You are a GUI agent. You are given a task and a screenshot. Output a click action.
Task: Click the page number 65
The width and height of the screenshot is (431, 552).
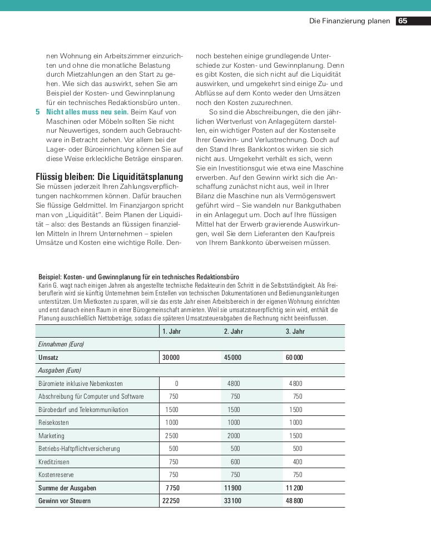403,21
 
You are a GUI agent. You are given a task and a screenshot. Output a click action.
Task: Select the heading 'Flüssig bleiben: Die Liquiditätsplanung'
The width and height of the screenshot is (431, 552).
109,177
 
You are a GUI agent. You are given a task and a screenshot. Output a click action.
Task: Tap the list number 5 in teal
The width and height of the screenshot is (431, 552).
38,112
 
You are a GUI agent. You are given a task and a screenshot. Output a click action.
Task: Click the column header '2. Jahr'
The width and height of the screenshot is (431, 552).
234,331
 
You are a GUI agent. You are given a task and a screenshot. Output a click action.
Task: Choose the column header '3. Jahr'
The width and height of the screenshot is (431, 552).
295,331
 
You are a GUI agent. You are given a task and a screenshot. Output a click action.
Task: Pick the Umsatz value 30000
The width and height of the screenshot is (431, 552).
171,358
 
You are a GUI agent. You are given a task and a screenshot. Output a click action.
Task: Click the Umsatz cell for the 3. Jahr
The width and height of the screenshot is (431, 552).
294,358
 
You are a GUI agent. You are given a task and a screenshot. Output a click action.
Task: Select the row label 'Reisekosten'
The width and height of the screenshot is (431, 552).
53,423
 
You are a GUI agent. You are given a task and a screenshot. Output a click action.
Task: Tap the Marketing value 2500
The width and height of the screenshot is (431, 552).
172,436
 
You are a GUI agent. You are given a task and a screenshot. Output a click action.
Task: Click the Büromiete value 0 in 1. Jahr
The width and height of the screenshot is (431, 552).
176,384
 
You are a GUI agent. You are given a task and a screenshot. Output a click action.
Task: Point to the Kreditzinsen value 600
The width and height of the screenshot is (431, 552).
235,462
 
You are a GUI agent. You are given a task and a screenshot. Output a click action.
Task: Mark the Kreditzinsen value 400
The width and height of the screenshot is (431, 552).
298,462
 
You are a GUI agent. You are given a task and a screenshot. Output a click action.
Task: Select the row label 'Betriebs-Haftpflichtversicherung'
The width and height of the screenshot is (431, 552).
79,449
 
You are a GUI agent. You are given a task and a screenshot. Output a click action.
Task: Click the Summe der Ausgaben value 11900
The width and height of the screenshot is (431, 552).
232,488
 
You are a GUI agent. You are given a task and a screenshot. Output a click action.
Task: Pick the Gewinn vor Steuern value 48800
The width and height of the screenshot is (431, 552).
294,501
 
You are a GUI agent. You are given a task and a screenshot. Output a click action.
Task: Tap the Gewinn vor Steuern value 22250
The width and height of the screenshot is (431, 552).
171,501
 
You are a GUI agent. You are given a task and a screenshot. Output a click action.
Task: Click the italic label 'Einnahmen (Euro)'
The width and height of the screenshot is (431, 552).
61,344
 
